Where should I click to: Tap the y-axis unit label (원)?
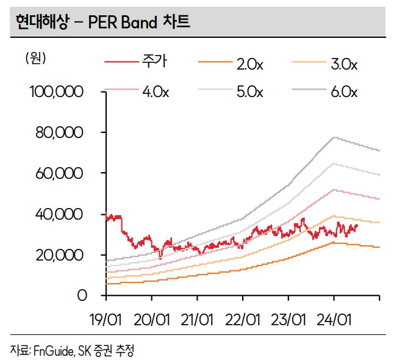[x=35, y=59]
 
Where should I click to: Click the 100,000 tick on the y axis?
[x=56, y=92]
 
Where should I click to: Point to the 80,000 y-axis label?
[x=60, y=133]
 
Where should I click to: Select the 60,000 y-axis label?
[x=60, y=174]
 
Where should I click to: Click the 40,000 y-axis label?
[x=60, y=215]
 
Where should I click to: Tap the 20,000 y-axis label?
[x=60, y=255]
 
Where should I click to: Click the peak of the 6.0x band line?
[x=334, y=137]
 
